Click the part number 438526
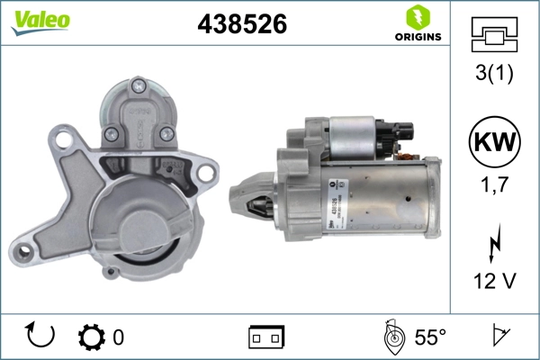pos(241,24)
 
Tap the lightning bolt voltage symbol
pos(491,243)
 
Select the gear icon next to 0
pos(93,337)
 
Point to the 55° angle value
pos(430,337)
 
